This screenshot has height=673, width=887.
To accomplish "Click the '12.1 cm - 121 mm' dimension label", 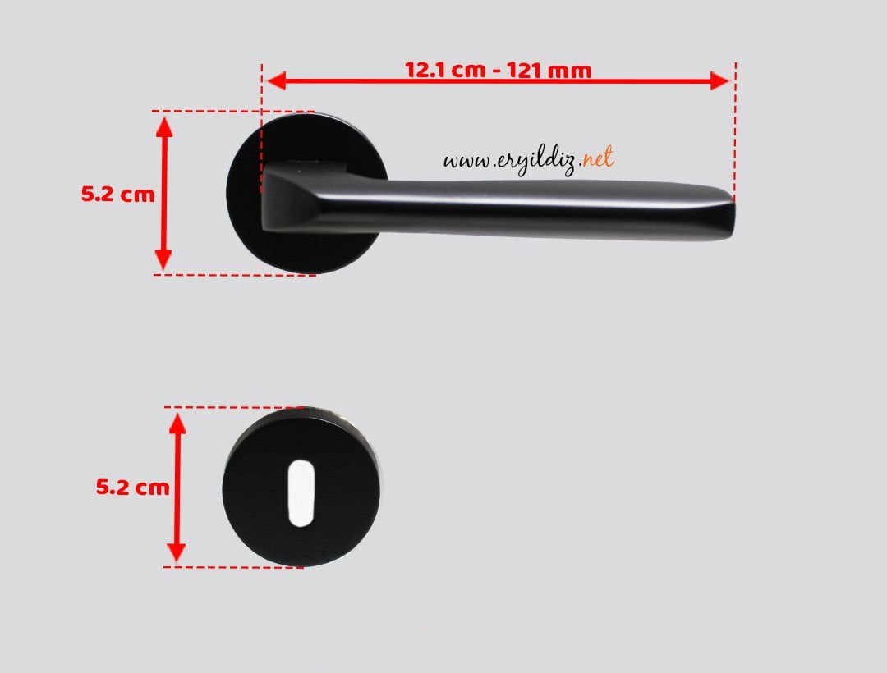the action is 499,70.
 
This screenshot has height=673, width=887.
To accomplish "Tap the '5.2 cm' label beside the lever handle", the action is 117,194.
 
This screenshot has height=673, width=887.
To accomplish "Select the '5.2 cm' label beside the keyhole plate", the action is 132,487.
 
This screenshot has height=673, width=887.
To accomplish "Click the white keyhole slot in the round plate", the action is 301,493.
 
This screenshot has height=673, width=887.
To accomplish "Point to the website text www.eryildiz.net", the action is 528,160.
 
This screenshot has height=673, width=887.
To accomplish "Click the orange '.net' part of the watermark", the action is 597,158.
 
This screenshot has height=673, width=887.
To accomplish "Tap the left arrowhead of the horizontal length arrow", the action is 275,80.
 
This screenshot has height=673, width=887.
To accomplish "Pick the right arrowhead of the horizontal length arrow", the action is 719,80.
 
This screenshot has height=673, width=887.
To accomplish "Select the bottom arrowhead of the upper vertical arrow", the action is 163,259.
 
